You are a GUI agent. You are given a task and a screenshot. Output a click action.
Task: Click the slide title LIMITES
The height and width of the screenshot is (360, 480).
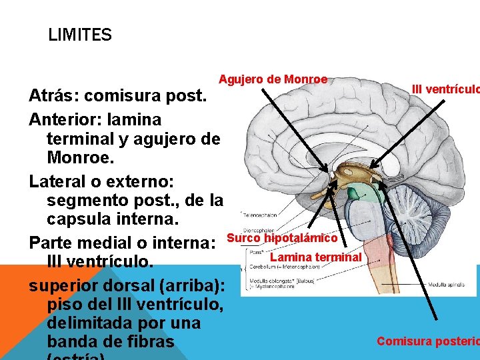coord(80,35)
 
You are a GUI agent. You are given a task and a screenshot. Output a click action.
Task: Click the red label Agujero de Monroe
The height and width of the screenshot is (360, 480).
coord(273,79)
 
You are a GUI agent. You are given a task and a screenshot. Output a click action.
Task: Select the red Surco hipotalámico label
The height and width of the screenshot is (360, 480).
coord(282,238)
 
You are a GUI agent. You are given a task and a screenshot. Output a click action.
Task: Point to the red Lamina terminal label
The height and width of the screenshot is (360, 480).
coord(315,257)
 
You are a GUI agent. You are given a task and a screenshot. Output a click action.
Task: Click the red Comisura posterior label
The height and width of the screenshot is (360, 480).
coord(427,341)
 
